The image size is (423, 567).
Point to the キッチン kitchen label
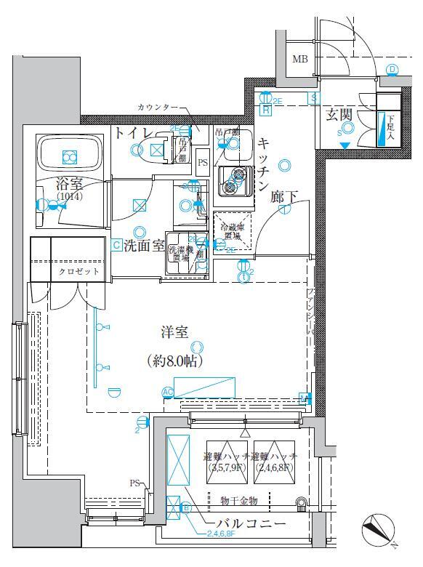click(x=264, y=164)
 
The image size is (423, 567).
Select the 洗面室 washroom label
click(x=143, y=246)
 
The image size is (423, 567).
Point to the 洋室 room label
click(x=174, y=333)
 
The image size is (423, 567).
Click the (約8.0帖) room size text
click(x=174, y=360)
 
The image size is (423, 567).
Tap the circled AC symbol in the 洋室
click(x=168, y=393)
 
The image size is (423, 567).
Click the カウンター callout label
click(x=156, y=107)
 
